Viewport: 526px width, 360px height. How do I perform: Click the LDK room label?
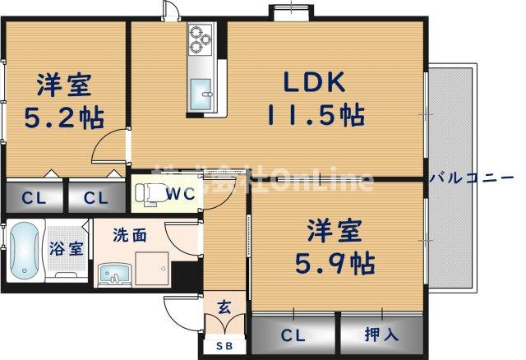point(316,82)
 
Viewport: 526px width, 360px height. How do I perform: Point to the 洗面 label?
point(131,236)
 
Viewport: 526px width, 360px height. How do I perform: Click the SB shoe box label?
point(224,346)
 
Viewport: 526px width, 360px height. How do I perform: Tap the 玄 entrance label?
point(224,309)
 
